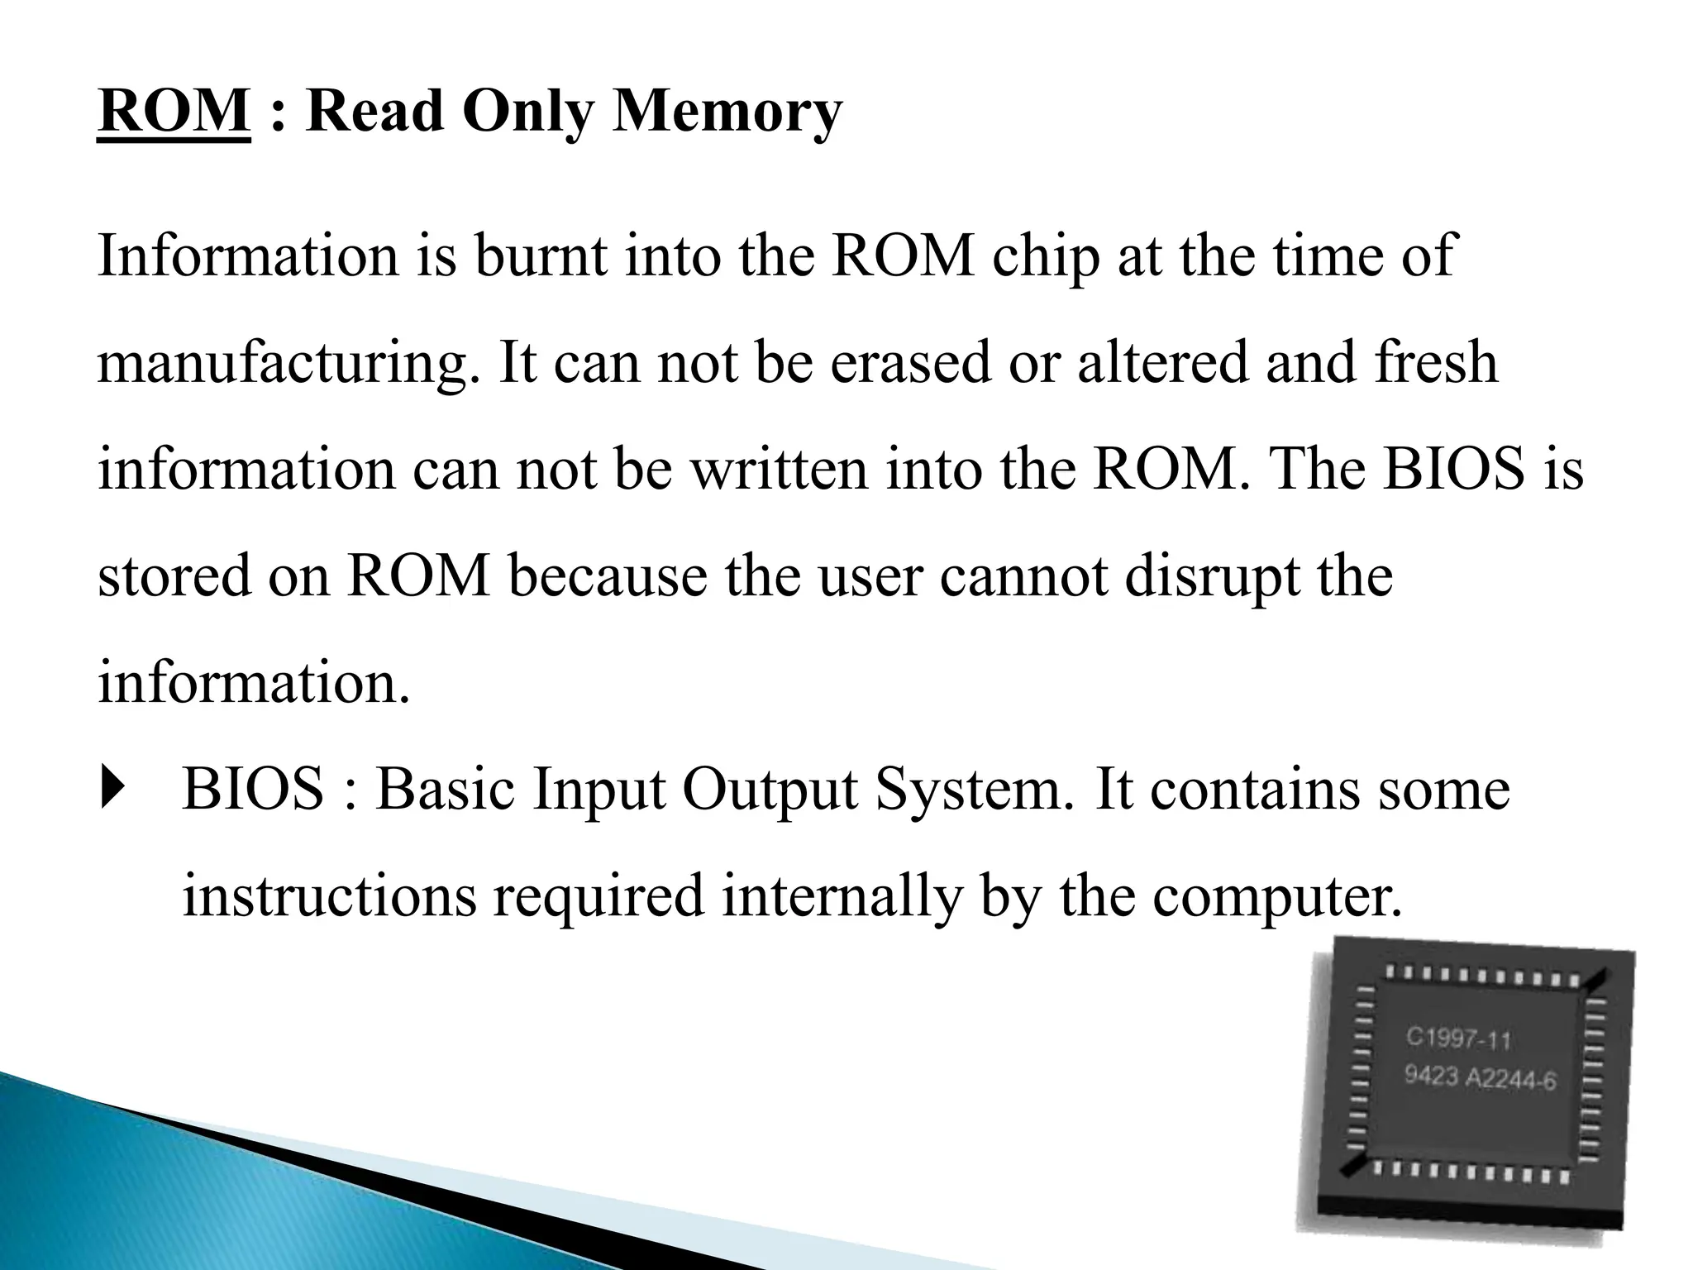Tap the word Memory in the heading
(727, 112)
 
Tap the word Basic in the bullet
(446, 789)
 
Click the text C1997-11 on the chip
(1458, 1038)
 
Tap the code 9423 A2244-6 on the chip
(1481, 1078)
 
